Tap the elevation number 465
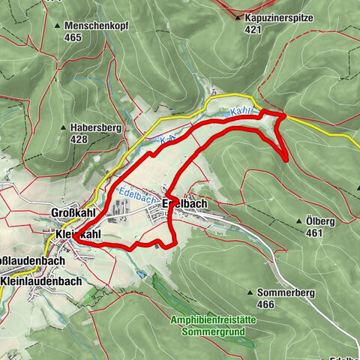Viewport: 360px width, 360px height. (73, 37)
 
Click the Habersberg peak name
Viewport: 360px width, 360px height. (96, 127)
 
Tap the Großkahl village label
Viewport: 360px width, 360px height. (73, 212)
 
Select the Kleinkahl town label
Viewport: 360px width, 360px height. (78, 235)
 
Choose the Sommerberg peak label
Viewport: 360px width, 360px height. (294, 292)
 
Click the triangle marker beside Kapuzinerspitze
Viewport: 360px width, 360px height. (238, 18)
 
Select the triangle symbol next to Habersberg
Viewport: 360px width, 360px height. (64, 128)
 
